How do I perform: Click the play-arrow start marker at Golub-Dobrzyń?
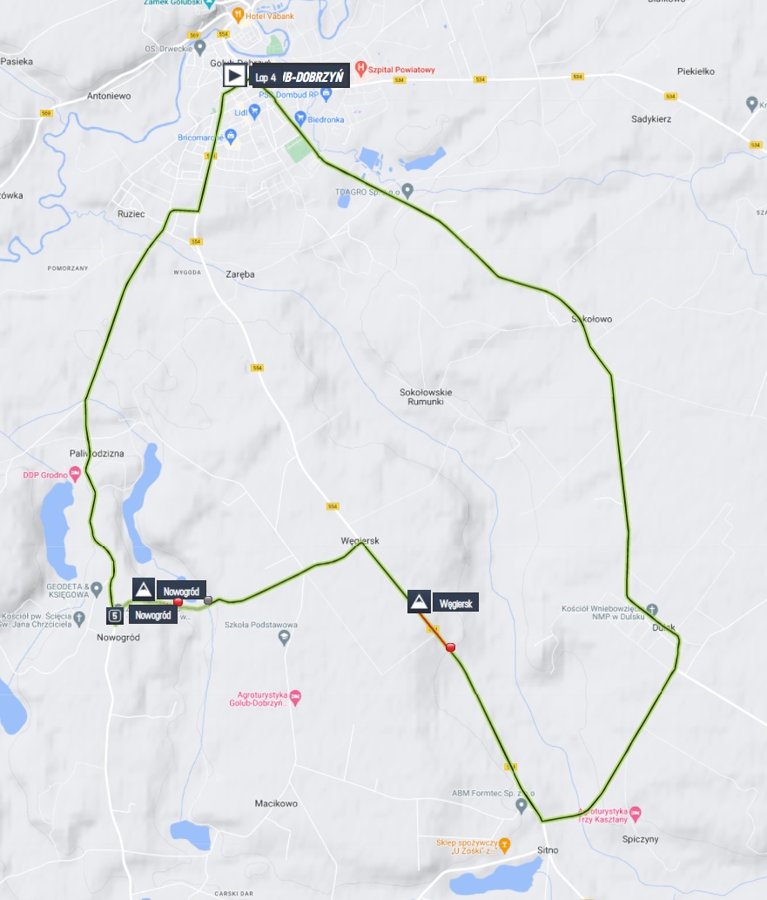click(x=233, y=76)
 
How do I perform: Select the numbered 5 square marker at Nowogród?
click(x=115, y=616)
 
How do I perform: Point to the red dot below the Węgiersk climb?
click(x=450, y=647)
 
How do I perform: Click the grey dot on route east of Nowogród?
click(x=208, y=599)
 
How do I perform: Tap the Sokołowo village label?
click(x=591, y=320)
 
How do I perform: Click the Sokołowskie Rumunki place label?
click(x=426, y=396)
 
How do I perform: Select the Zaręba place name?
click(x=238, y=274)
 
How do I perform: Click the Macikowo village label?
click(x=276, y=803)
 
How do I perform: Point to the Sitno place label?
click(x=547, y=849)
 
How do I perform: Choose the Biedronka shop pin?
click(x=300, y=118)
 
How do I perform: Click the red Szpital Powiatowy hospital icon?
click(x=360, y=70)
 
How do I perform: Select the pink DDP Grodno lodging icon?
click(x=76, y=475)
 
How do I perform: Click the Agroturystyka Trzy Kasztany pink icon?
click(x=636, y=812)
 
